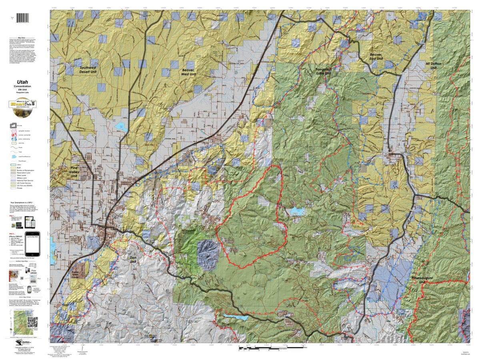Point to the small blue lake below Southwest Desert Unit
[120, 128]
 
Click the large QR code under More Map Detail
[33, 322]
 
